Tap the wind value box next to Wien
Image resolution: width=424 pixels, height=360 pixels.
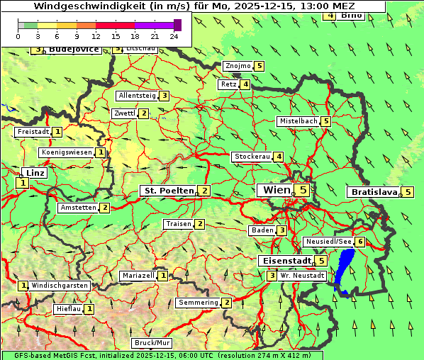tap(303, 190)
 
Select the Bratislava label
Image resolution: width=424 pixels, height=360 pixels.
tap(373, 192)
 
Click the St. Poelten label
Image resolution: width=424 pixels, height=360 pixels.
tap(168, 191)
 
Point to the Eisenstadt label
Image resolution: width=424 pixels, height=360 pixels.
tap(286, 261)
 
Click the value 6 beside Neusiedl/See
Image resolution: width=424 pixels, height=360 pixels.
tap(360, 242)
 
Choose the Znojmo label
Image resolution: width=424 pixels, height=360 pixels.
tap(238, 66)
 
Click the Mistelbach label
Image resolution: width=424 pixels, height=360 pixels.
tap(298, 121)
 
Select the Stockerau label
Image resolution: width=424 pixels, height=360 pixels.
tap(252, 157)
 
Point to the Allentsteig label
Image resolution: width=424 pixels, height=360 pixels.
tap(137, 96)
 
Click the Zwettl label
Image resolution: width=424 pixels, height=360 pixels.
tap(124, 113)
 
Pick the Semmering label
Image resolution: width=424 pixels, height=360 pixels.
tap(198, 303)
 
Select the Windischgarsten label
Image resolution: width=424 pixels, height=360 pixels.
tap(60, 286)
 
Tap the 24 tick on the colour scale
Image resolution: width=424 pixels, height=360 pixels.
tap(174, 36)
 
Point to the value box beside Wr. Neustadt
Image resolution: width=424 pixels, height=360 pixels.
tap(272, 276)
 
